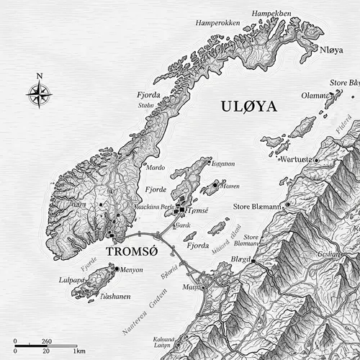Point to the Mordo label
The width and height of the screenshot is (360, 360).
(x=156, y=166)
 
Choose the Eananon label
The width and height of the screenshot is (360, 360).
(x=224, y=163)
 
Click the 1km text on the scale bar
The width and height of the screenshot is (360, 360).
(x=79, y=350)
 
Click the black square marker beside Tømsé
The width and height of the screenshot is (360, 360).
(x=183, y=210)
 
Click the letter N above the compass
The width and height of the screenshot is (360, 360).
(x=39, y=76)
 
